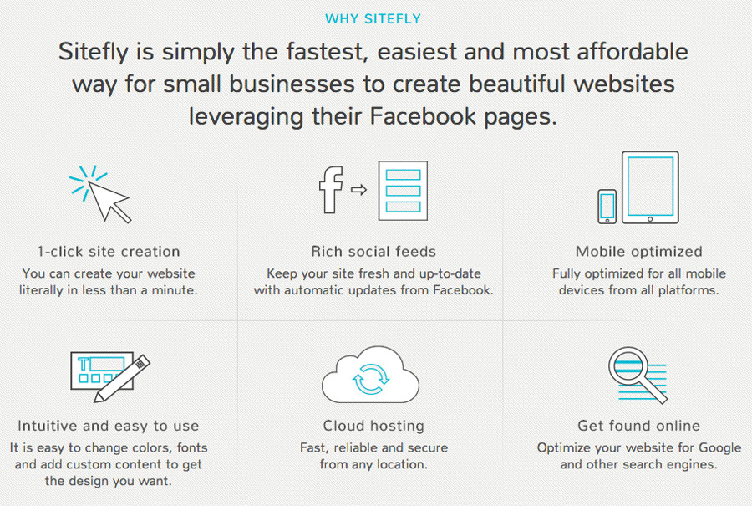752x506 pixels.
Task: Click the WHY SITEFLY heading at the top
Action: click(373, 18)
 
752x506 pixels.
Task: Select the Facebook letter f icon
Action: click(332, 190)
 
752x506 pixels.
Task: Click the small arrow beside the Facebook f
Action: click(358, 190)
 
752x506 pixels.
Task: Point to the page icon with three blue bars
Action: click(403, 191)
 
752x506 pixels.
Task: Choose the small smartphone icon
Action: click(607, 207)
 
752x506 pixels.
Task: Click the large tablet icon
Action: click(650, 187)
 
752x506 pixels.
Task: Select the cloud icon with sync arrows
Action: click(370, 375)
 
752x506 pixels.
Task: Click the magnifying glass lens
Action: click(628, 366)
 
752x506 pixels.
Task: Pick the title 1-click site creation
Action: click(109, 252)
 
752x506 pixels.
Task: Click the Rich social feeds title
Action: click(373, 252)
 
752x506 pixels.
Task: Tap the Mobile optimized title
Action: click(639, 252)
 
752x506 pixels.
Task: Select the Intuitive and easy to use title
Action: click(109, 426)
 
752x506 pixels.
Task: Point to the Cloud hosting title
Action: click(373, 426)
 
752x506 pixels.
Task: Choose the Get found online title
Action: click(639, 426)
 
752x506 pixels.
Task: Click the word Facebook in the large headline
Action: click(423, 116)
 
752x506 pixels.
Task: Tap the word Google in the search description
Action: click(720, 448)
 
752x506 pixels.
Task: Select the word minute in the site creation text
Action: click(175, 290)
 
